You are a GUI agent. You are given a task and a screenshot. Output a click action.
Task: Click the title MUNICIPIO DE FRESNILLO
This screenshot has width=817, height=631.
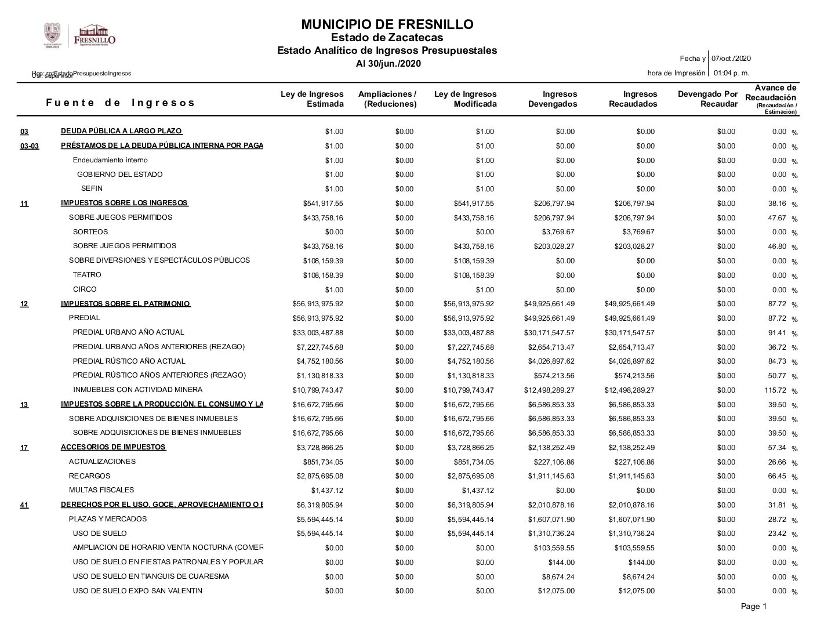point(387,24)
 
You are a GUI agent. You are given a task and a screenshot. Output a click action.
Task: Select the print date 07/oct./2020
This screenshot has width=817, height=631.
point(731,59)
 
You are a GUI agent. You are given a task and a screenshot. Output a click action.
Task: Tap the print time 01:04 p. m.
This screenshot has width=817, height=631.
point(731,73)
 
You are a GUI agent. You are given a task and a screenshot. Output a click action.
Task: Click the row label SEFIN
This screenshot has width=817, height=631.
point(92,188)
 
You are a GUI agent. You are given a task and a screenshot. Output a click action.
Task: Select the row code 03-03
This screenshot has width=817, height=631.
point(30,146)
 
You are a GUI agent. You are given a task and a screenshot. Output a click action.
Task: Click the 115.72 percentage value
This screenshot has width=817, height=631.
point(775,390)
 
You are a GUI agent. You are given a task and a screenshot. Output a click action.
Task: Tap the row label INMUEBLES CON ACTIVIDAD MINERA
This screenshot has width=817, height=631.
point(137,390)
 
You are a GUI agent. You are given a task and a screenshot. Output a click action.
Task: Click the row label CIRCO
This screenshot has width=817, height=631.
point(85,289)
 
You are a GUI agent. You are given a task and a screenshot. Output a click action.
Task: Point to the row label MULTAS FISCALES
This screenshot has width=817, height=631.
point(101,490)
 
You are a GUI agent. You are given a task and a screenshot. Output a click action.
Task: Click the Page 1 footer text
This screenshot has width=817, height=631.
point(753,607)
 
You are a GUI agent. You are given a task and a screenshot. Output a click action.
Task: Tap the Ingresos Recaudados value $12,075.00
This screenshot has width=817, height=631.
point(636,591)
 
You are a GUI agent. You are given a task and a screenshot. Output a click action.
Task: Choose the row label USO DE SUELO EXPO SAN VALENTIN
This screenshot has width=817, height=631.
point(137,591)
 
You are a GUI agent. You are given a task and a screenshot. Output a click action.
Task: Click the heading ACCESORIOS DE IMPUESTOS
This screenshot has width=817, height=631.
point(113,447)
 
